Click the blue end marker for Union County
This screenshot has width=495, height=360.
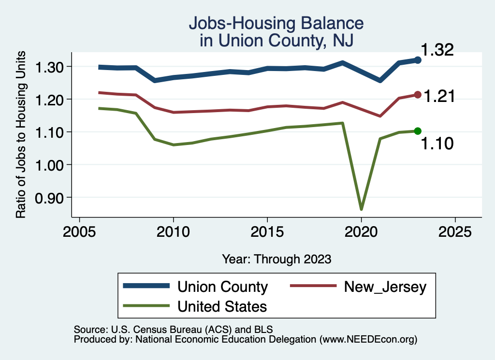[418, 60]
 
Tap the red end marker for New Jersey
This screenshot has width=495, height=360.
[418, 95]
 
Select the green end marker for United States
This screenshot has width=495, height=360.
[418, 131]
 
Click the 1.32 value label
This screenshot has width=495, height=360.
[437, 50]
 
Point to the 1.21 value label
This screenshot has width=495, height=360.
[439, 96]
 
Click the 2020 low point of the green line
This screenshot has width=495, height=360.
[361, 209]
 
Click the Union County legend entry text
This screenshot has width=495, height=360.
[222, 287]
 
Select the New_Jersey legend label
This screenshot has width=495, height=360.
[385, 287]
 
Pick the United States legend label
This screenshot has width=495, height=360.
[222, 306]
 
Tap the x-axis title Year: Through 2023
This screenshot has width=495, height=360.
[277, 259]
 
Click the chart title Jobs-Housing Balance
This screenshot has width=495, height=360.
[276, 23]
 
